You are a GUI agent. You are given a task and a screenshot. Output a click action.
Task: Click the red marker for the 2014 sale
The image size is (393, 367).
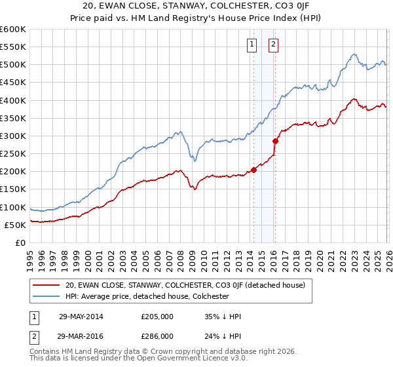point(253,170)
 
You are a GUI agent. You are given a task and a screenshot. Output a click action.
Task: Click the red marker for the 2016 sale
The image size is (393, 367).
point(275,140)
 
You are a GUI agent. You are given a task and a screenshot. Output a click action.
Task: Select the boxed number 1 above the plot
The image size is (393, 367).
point(252,45)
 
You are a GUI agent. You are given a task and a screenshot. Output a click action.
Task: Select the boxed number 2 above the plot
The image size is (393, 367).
point(273,45)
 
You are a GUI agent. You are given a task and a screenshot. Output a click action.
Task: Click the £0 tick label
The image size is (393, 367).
point(20,242)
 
